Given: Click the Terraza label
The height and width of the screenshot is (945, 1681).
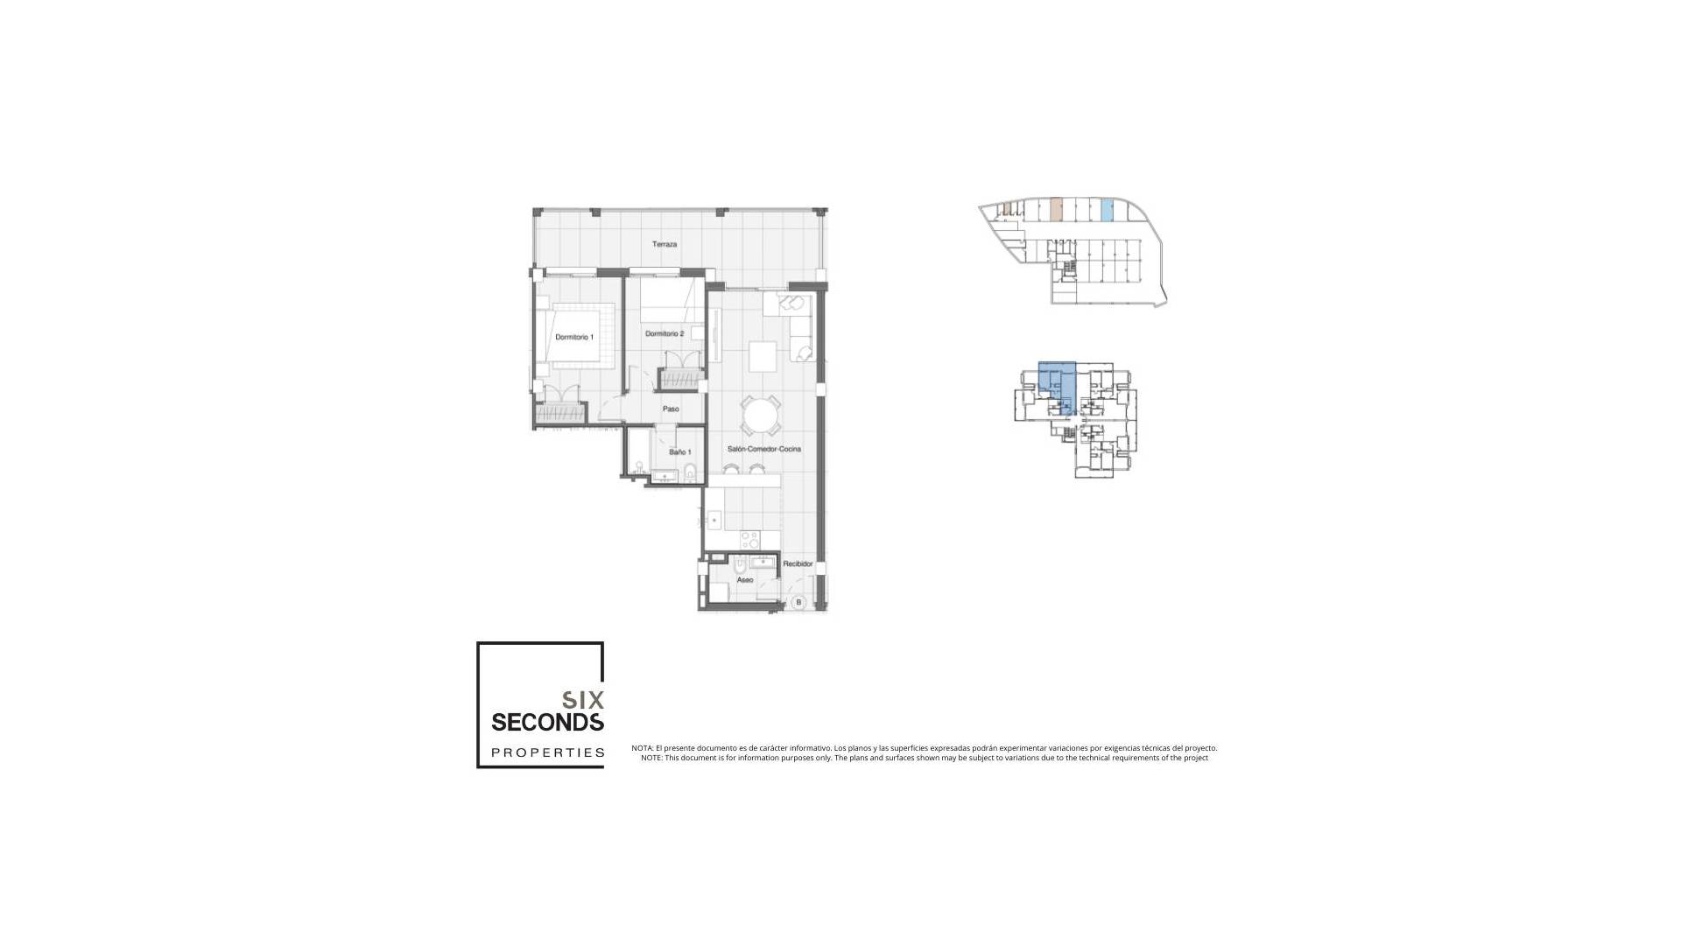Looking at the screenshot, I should (665, 244).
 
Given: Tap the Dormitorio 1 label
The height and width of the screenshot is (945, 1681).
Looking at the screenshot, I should (574, 337).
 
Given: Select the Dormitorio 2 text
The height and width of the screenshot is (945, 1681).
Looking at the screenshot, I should (665, 333).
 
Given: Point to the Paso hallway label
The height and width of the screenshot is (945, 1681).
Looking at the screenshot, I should (671, 409).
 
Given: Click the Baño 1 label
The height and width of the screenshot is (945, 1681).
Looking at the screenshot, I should (680, 452).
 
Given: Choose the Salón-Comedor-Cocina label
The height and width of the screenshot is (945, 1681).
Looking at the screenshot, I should (764, 449).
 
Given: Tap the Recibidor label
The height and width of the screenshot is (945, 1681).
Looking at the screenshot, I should (798, 564).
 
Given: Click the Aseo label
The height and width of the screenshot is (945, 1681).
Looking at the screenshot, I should (745, 580).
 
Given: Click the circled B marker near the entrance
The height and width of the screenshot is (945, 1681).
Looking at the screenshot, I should (798, 602).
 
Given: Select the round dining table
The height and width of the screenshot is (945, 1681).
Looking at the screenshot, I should (761, 416).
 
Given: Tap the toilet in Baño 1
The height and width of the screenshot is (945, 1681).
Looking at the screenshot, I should (691, 473).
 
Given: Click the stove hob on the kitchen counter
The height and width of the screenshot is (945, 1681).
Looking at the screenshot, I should (749, 538).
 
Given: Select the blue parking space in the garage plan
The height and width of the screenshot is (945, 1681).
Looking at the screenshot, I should (1107, 210).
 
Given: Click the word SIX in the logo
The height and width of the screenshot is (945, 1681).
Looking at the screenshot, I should (583, 700).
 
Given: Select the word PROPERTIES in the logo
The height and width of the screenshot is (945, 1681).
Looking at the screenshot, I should (548, 752).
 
